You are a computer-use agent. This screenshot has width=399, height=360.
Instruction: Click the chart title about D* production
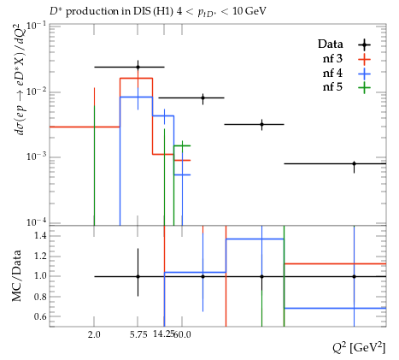(x=158, y=12)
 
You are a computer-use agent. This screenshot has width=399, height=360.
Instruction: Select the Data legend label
(x=331, y=44)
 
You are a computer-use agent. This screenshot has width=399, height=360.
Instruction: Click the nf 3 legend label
(x=332, y=59)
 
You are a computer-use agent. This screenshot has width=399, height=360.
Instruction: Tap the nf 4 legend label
(x=332, y=74)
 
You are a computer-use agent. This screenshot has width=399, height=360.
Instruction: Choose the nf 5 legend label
(x=332, y=87)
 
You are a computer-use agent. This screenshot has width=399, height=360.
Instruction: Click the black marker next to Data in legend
(x=364, y=44)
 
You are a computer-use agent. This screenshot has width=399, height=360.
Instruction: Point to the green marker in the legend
(x=364, y=87)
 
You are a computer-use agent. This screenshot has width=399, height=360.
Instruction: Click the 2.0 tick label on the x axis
(x=94, y=334)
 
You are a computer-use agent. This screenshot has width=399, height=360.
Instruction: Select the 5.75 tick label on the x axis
(x=138, y=334)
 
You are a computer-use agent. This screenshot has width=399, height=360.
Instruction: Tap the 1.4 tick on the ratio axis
(x=41, y=235)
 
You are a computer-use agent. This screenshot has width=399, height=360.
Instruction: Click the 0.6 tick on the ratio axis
(x=41, y=316)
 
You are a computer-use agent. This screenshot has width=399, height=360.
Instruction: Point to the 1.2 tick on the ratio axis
(x=41, y=256)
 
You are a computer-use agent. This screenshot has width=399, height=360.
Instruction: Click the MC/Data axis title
(x=17, y=275)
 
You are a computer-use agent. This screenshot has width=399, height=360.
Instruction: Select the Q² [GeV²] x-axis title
(x=359, y=348)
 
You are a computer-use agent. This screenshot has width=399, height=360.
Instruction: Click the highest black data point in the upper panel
(x=138, y=68)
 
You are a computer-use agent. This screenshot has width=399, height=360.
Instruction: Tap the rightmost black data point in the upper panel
(x=354, y=163)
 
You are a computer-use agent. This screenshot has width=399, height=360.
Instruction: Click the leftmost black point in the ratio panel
(x=138, y=276)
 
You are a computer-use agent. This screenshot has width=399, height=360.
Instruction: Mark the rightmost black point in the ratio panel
(x=354, y=276)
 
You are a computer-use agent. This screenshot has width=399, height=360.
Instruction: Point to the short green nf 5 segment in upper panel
(x=182, y=145)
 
